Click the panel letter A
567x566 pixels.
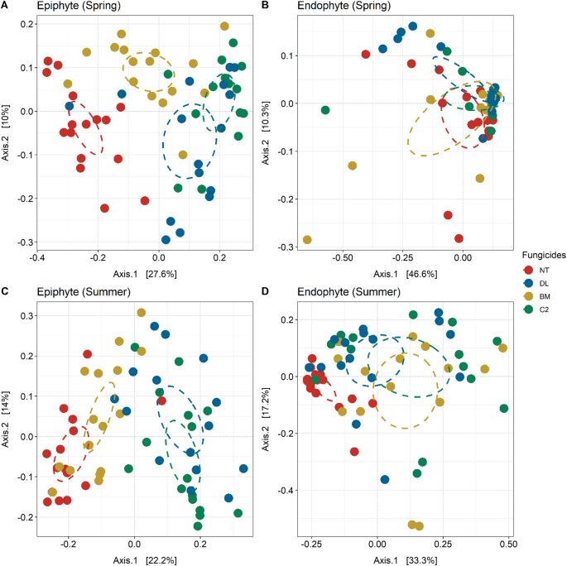click(x=5, y=7)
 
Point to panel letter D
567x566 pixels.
click(x=289, y=292)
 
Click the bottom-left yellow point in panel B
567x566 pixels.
click(x=307, y=240)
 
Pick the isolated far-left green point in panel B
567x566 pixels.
click(x=325, y=110)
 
